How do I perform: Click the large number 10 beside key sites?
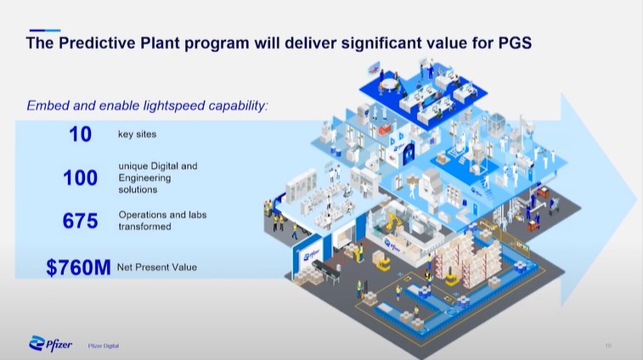(x=81, y=134)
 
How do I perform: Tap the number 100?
(x=81, y=177)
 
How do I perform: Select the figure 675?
(x=81, y=221)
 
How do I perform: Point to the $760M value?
(x=78, y=267)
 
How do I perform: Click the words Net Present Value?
(x=157, y=267)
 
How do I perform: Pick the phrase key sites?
(x=137, y=134)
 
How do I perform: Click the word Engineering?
(x=144, y=178)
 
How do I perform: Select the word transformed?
(x=144, y=227)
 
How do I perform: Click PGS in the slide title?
(x=515, y=43)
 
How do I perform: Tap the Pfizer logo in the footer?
(x=50, y=344)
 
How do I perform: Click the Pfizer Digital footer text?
(x=104, y=346)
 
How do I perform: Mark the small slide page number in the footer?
(x=608, y=346)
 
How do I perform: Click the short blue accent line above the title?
(x=45, y=31)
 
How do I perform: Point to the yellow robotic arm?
(x=393, y=222)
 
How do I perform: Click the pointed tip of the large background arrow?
(x=637, y=200)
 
